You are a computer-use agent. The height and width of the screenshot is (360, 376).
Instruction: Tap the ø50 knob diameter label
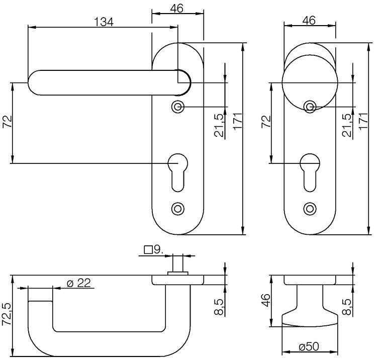(309, 347)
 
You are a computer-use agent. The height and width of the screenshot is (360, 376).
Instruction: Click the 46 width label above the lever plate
(177, 9)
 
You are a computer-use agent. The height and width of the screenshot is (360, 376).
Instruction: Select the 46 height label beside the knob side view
(267, 301)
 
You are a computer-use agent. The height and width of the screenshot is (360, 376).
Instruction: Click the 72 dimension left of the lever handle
(7, 123)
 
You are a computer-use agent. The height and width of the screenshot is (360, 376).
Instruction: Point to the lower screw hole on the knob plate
(310, 208)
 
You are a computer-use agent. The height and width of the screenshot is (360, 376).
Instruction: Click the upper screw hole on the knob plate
(310, 106)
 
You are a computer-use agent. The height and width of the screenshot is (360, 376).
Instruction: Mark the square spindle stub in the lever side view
(177, 263)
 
